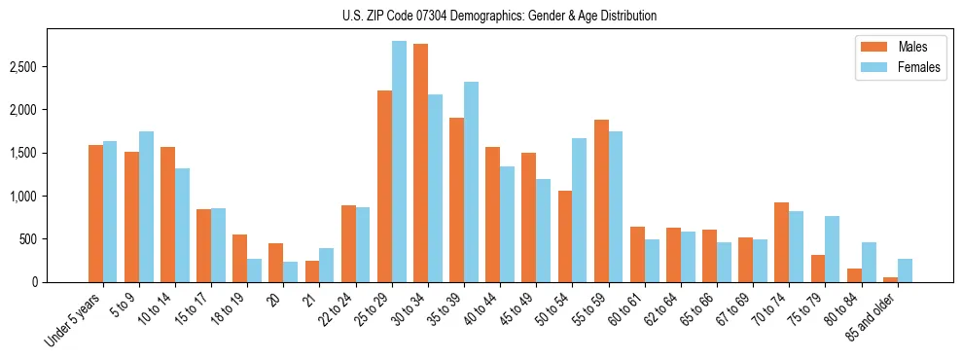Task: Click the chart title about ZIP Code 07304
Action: coord(499,16)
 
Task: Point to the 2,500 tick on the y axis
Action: coord(22,67)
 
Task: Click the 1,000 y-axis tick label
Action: coord(22,197)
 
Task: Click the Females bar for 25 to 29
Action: coord(399,162)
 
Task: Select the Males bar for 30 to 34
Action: coord(420,163)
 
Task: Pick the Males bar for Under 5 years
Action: coord(95,214)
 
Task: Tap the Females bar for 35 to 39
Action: coord(471,182)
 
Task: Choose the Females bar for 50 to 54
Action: coord(579,210)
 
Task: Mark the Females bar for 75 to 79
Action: coord(832,249)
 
